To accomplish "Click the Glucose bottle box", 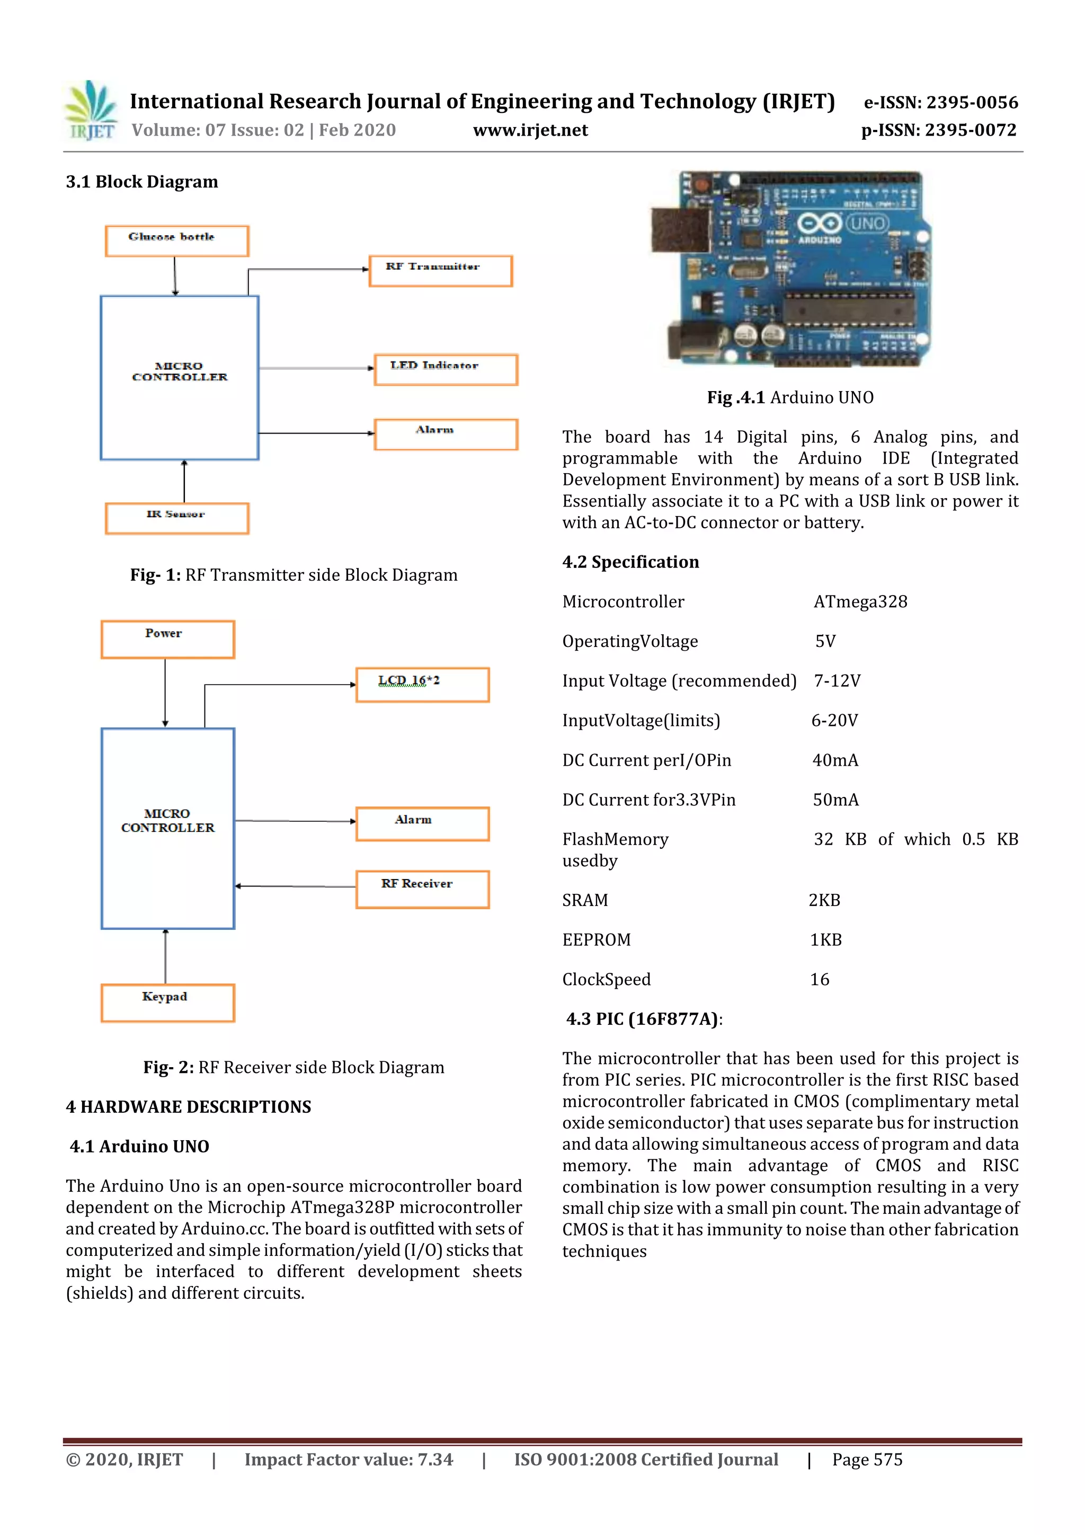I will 176,241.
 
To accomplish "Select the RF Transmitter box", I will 441,271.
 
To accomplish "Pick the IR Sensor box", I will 176,518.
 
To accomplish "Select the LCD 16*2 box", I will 422,684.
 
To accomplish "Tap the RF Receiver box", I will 422,889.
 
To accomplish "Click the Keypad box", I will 167,1002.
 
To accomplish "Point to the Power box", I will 167,639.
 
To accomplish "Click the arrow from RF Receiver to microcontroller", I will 294,886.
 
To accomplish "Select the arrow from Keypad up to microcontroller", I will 166,956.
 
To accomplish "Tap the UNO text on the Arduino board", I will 868,223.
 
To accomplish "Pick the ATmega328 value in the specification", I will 860,602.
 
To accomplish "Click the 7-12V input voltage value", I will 837,680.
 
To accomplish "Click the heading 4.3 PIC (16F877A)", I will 644,1019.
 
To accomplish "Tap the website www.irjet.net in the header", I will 530,130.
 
